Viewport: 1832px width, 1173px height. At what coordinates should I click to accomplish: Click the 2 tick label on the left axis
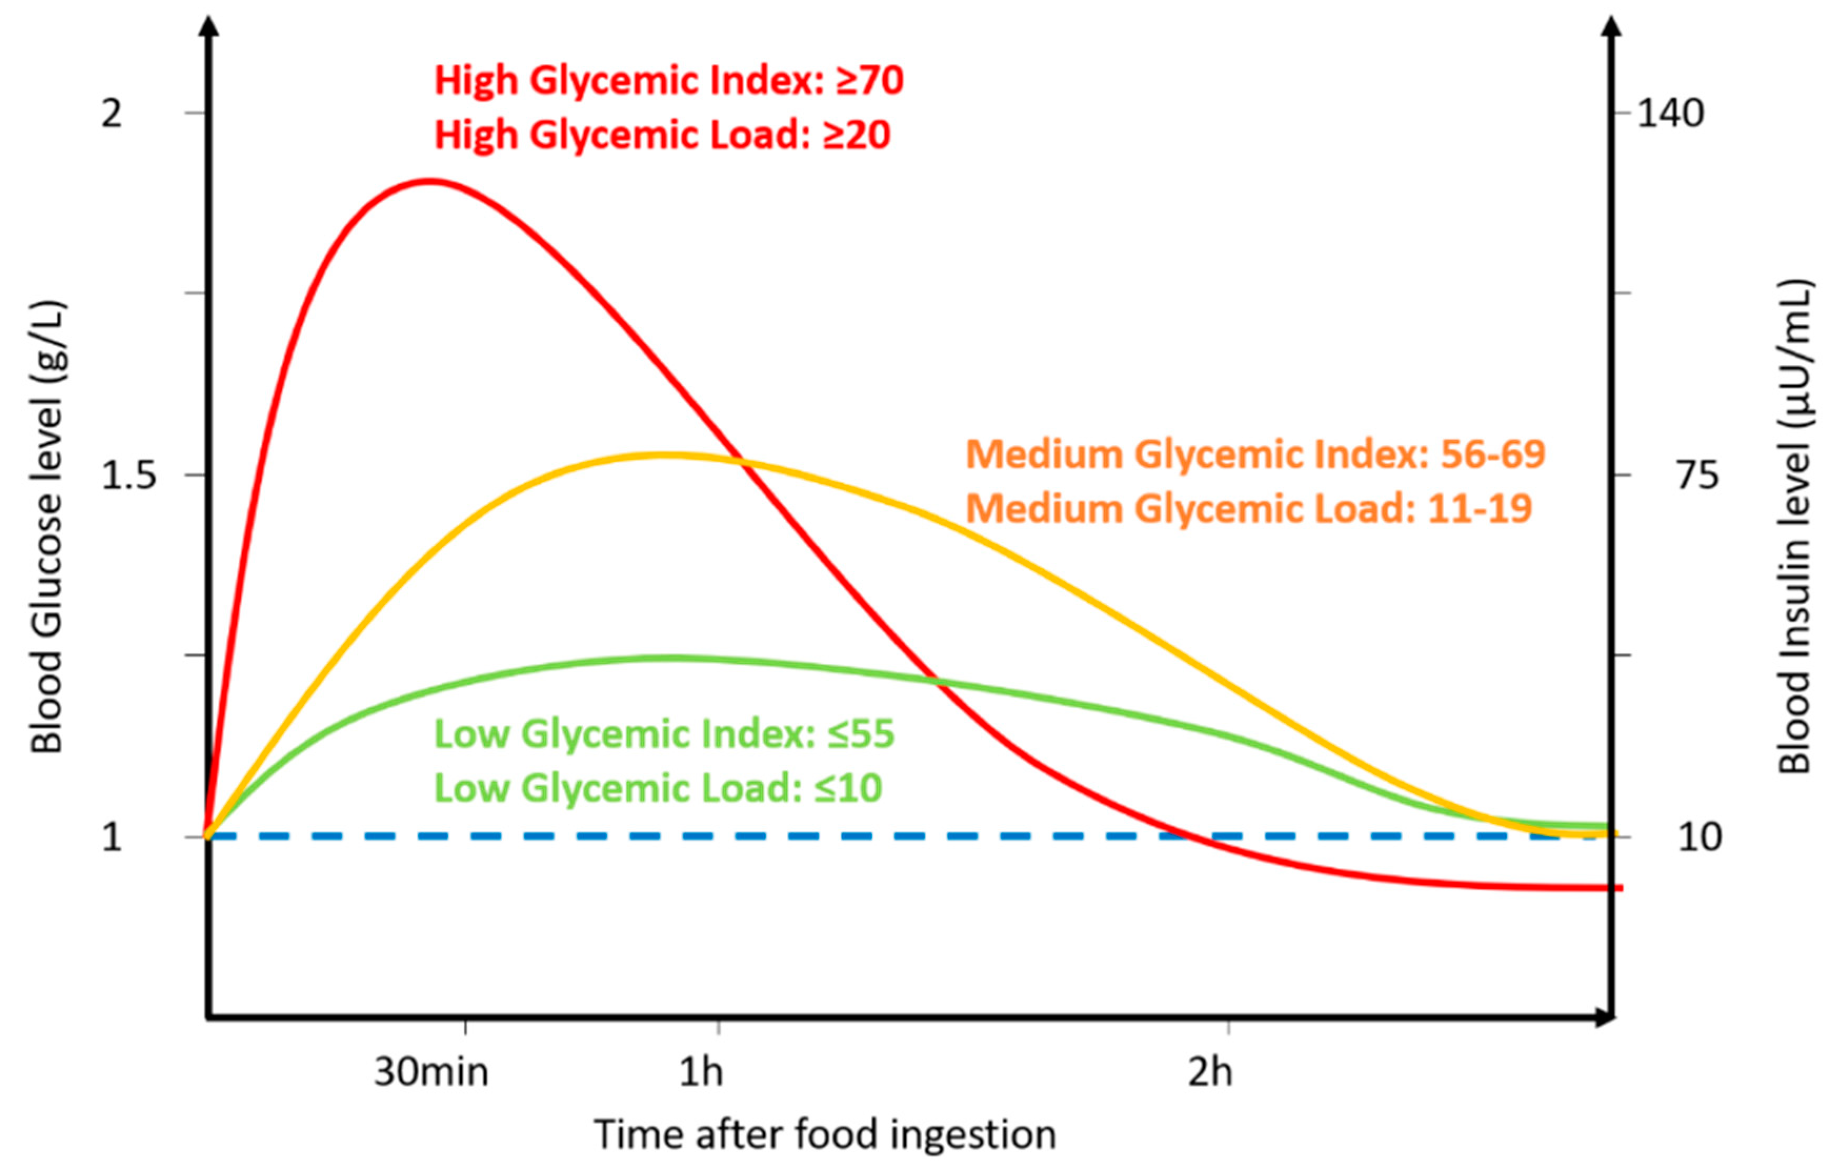tap(112, 114)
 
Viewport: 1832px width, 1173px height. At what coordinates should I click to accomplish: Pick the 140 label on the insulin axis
tap(1670, 114)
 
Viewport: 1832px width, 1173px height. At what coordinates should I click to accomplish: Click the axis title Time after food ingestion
tap(825, 1134)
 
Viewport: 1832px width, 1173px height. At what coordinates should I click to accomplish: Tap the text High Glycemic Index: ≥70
tap(668, 80)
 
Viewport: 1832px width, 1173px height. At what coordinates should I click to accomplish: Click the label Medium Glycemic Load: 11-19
tap(1249, 509)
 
